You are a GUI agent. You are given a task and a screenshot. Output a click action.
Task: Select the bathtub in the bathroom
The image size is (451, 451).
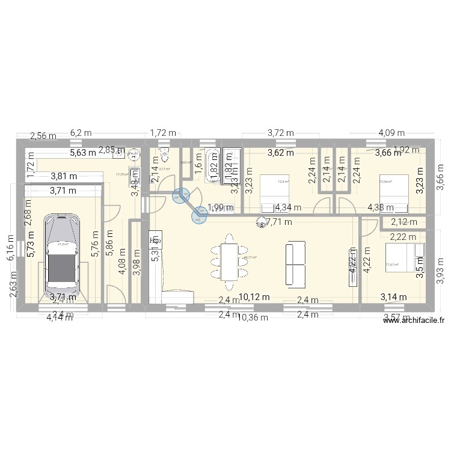(213, 164)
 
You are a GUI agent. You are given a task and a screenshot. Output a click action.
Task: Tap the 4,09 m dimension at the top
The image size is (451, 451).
(391, 133)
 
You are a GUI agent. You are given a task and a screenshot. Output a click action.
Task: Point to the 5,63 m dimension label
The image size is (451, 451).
(83, 152)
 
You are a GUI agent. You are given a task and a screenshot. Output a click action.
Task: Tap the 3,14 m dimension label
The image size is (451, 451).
(393, 296)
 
